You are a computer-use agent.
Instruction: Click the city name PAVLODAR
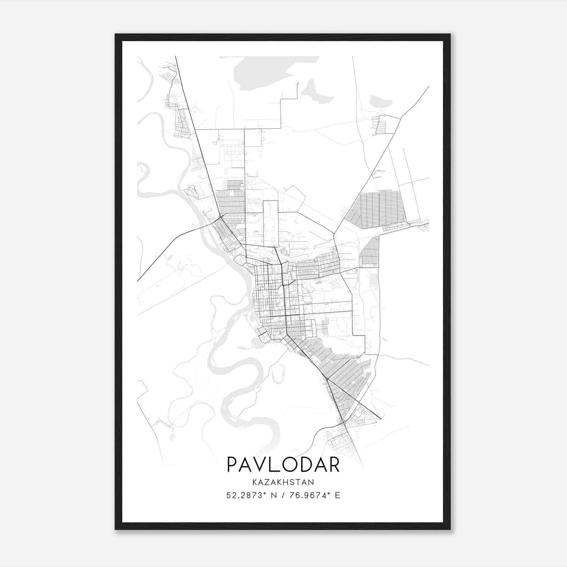(x=283, y=464)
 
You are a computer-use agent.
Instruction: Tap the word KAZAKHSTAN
(x=283, y=482)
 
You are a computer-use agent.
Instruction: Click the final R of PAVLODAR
(x=333, y=464)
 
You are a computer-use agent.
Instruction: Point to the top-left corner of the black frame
(x=116, y=35)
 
